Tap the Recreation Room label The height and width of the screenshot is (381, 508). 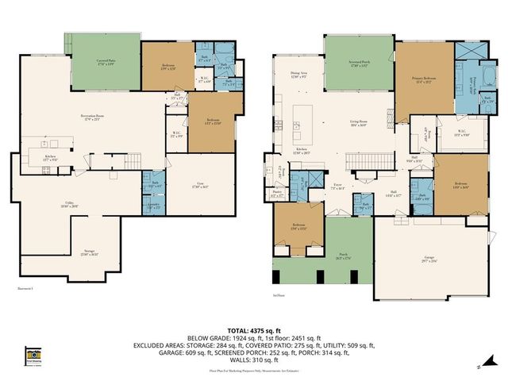(94, 117)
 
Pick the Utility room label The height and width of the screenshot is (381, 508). (70, 205)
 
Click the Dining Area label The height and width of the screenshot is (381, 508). (298, 75)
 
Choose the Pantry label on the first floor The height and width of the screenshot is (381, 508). (278, 192)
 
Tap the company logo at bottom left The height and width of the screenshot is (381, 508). (33, 354)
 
